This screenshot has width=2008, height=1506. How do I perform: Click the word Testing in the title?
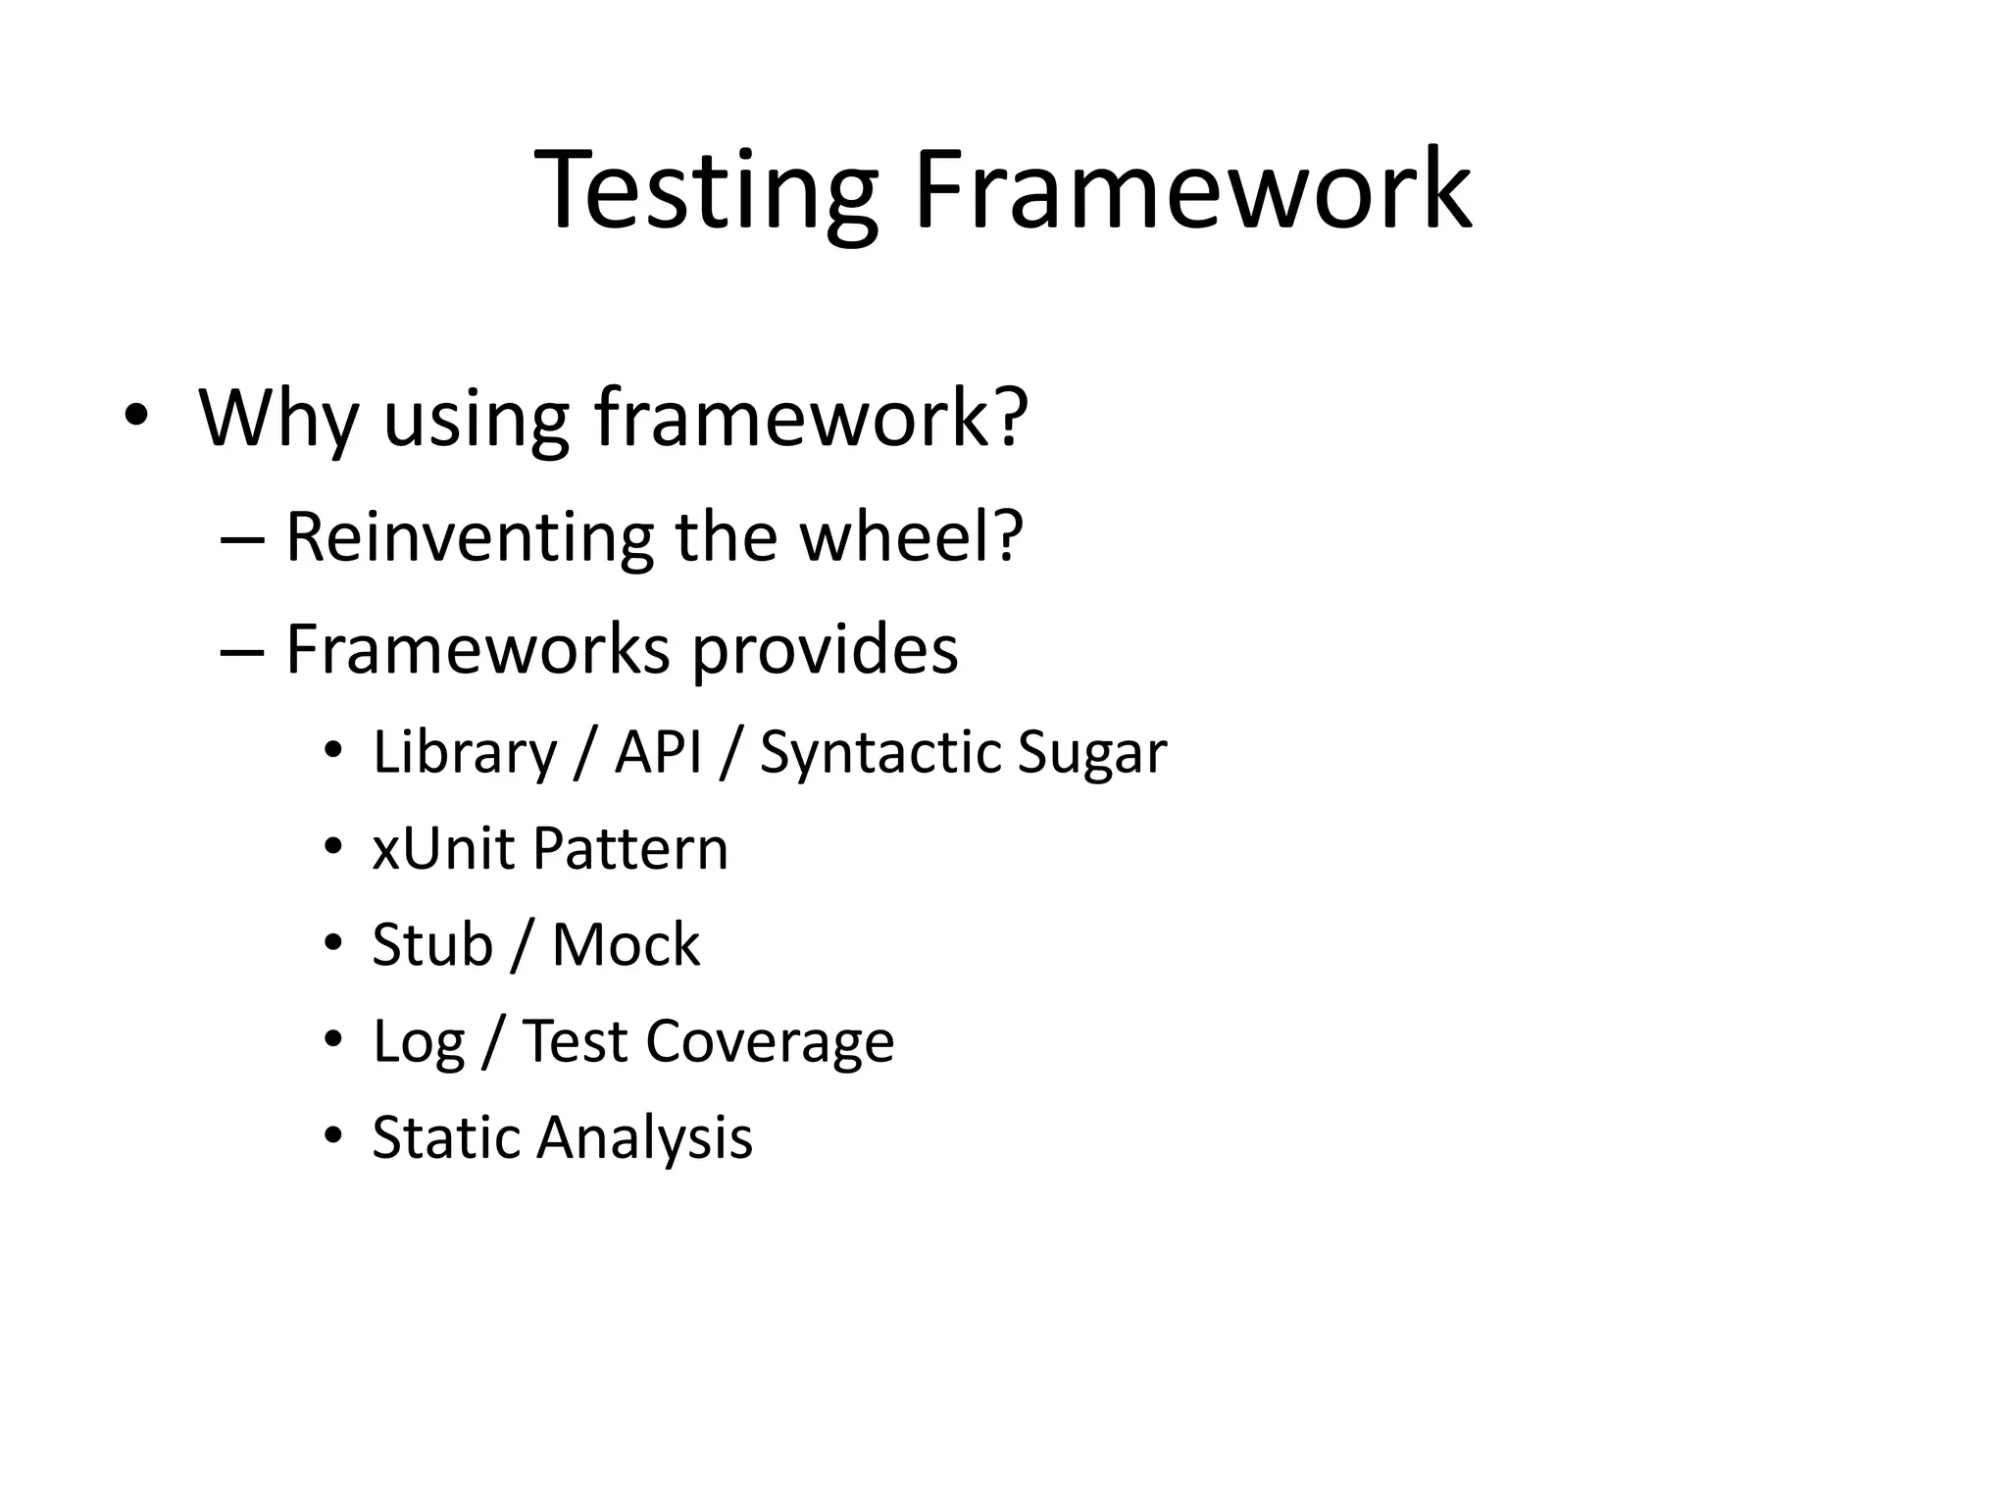(706, 191)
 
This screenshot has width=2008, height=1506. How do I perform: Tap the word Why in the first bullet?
(279, 420)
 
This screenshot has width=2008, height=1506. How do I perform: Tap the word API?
(658, 753)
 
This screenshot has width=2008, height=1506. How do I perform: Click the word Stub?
(432, 945)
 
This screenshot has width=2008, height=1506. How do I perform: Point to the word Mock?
(626, 945)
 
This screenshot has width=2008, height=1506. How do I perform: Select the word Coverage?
(770, 1041)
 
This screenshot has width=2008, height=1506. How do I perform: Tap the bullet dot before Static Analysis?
(333, 1136)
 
